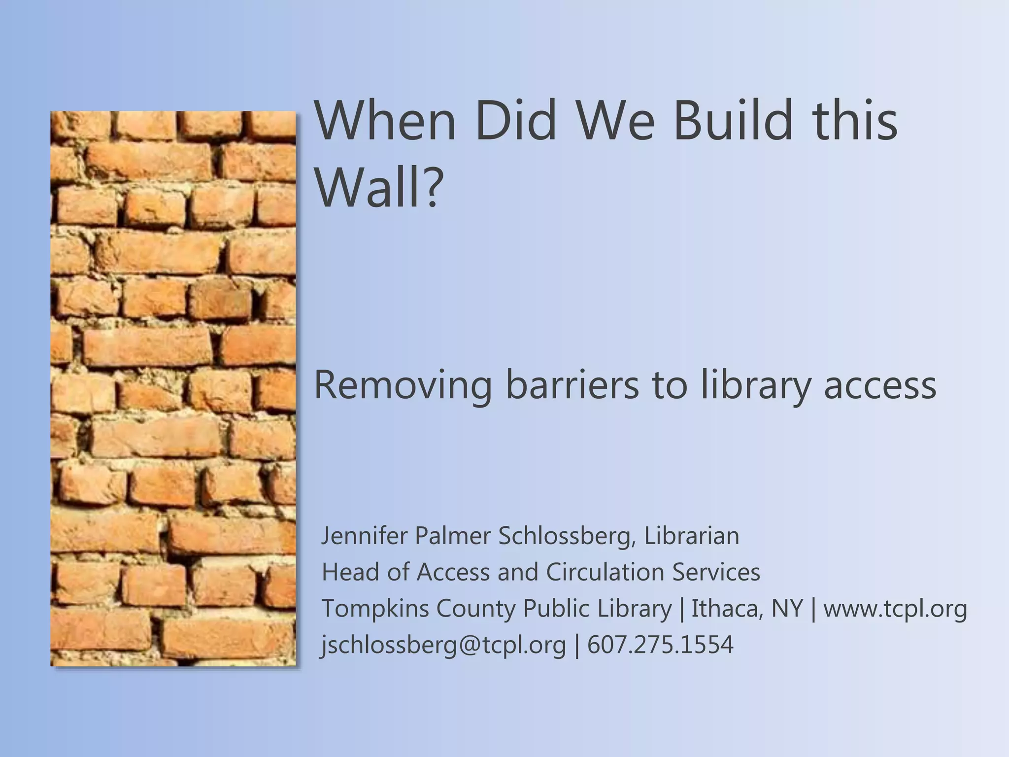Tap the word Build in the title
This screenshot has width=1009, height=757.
(x=732, y=121)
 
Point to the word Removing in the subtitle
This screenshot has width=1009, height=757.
(x=403, y=386)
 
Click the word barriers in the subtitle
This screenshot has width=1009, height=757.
(x=572, y=385)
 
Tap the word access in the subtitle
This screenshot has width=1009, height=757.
(x=880, y=386)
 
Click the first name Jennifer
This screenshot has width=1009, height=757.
(x=364, y=536)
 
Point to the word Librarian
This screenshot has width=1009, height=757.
(x=692, y=536)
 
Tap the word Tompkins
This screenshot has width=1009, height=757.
(x=375, y=609)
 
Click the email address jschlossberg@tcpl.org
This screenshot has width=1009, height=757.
(x=443, y=645)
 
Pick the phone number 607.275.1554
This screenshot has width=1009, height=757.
(x=660, y=644)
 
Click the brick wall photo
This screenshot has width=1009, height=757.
(x=173, y=388)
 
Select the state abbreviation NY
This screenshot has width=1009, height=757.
(x=787, y=609)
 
